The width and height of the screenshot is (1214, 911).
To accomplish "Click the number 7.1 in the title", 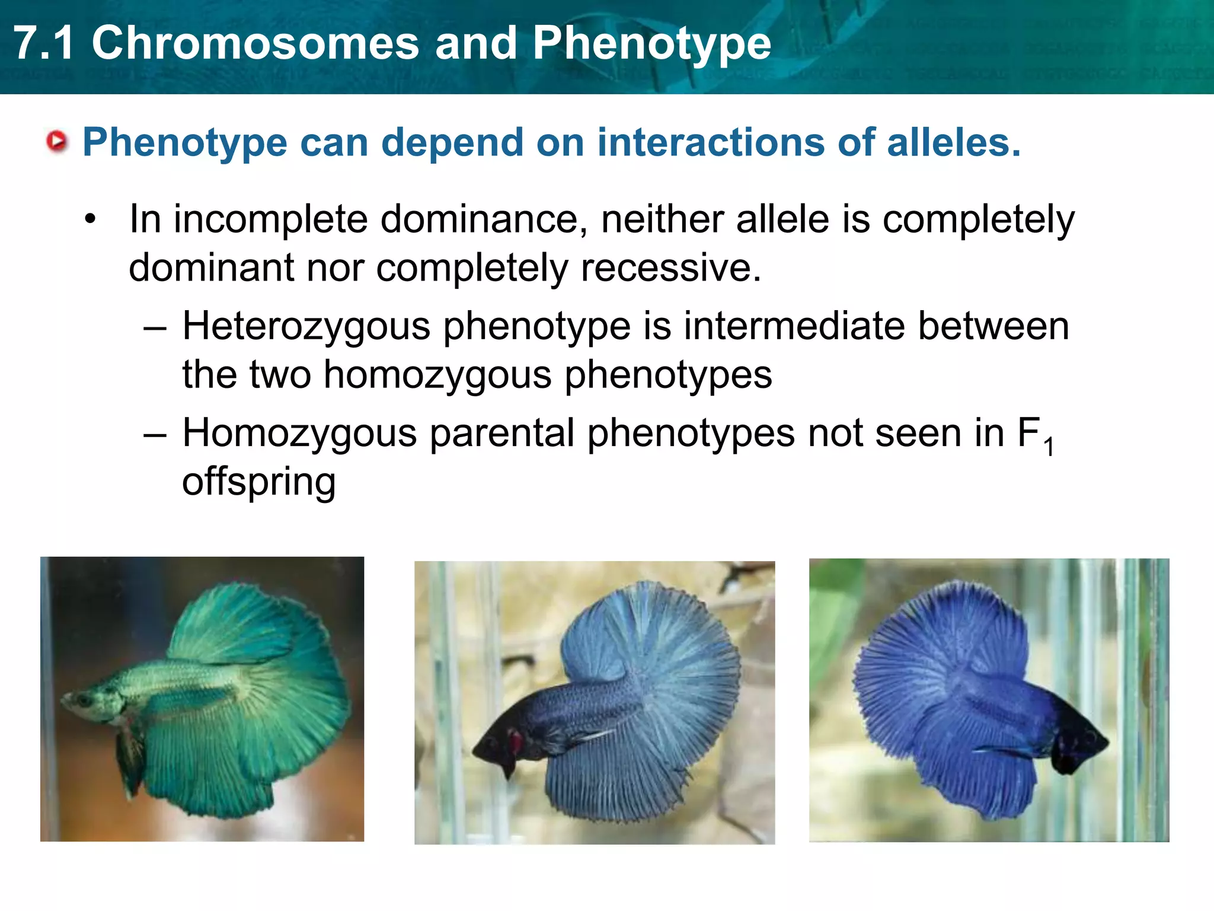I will point(44,44).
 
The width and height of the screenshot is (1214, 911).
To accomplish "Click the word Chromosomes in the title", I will point(255,44).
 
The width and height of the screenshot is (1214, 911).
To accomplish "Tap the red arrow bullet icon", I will point(57,142).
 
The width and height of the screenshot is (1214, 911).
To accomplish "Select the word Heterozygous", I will point(306,327).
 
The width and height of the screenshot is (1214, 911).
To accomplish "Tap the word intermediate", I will point(794,326).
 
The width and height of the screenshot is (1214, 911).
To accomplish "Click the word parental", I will point(501,434).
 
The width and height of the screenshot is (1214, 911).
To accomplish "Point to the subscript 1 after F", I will point(1049,447).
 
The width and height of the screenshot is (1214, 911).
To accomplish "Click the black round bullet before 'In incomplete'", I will point(90,219).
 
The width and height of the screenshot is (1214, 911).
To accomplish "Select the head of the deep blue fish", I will point(1082,741).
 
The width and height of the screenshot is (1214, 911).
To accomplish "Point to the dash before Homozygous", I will point(155,434).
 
